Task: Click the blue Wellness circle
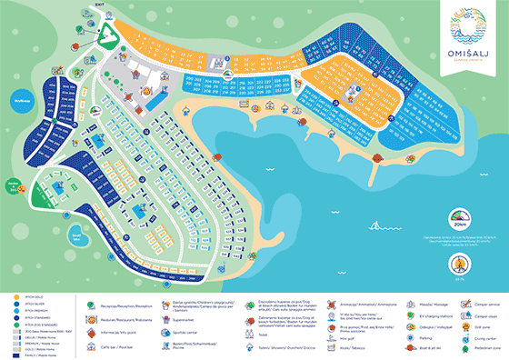pyautogui.click(x=21, y=101)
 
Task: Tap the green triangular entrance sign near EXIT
pyautogui.click(x=107, y=34)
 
